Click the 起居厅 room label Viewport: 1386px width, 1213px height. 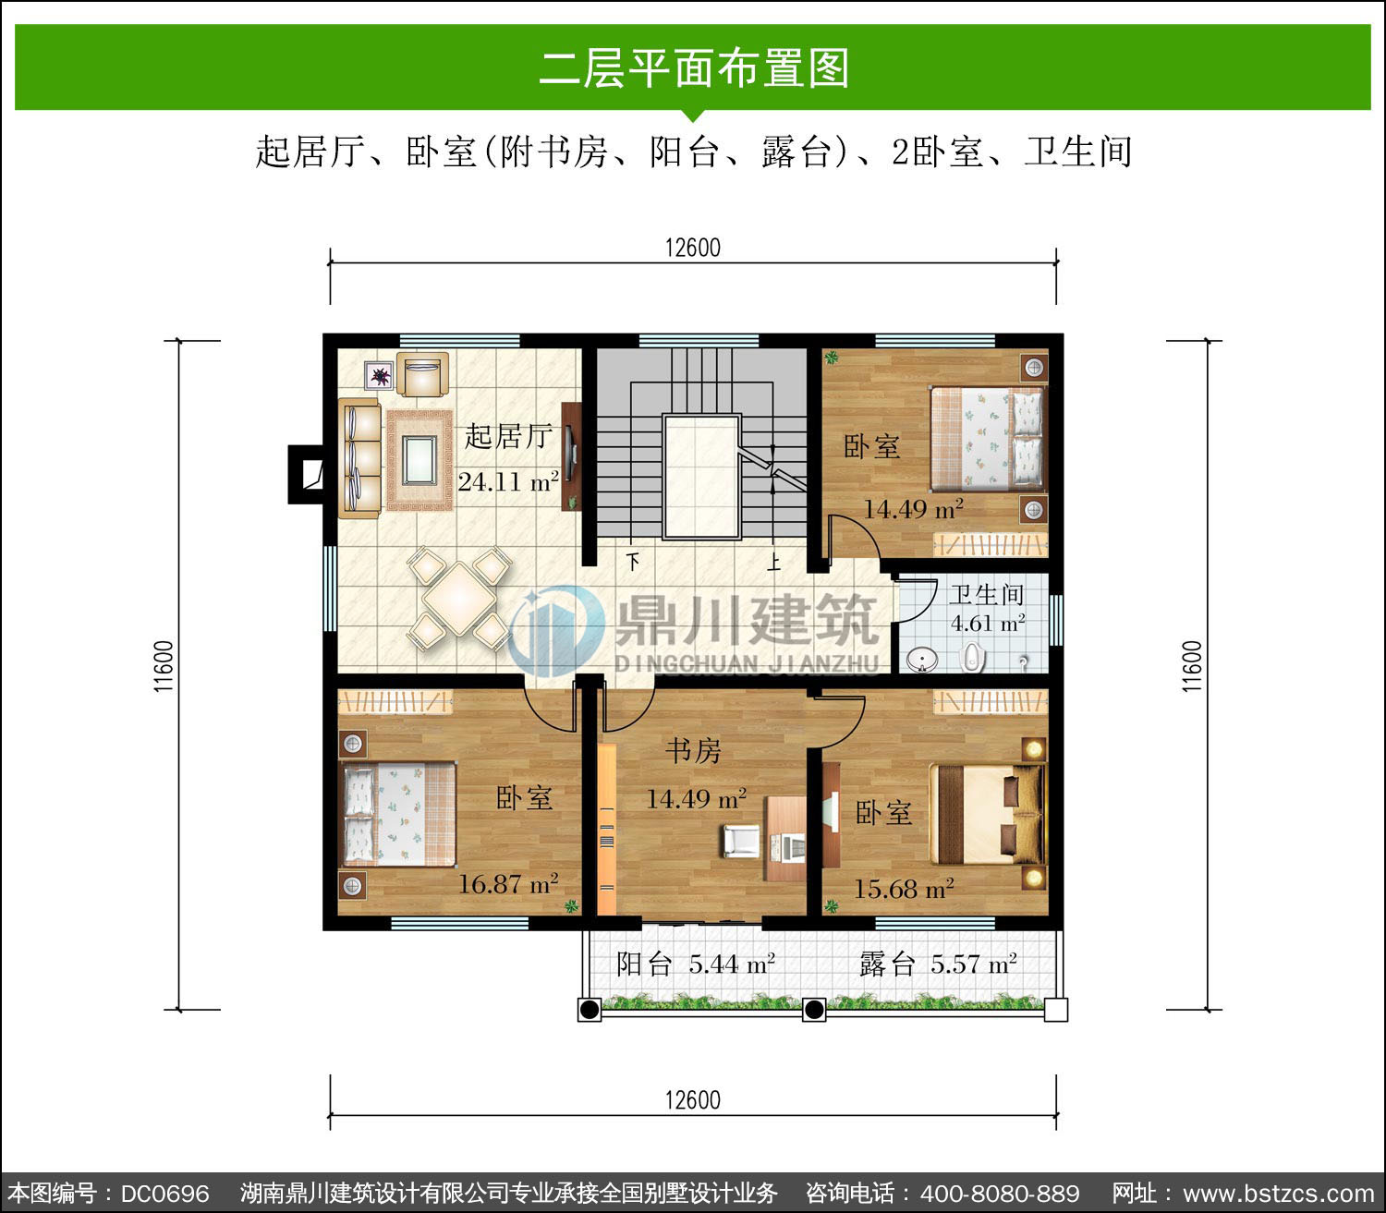508,437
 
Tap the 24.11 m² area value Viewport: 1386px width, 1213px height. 508,481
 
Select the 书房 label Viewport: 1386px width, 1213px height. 693,750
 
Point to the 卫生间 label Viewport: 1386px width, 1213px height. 986,595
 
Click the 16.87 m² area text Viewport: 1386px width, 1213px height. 509,883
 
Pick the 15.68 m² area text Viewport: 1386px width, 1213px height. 904,889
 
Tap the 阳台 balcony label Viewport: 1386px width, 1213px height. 643,964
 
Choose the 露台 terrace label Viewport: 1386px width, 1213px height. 887,964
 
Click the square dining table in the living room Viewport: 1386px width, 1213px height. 459,599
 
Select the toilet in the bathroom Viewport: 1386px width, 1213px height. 972,657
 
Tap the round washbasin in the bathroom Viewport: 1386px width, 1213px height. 921,659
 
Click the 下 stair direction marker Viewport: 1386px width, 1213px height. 633,562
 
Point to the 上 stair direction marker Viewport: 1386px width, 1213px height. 773,562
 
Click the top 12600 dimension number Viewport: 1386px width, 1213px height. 692,248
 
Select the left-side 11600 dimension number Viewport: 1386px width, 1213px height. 164,666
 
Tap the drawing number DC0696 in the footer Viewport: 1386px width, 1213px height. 164,1194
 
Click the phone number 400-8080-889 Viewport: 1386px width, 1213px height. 1000,1194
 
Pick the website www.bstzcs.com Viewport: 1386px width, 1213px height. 1278,1194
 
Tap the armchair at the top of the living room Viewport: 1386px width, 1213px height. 422,374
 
